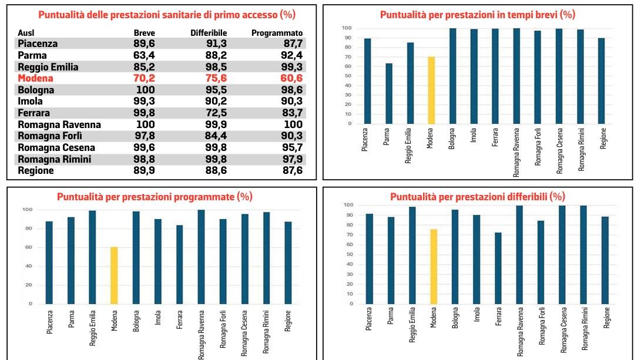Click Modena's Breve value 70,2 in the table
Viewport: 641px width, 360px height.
click(144, 78)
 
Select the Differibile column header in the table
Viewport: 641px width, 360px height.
click(209, 33)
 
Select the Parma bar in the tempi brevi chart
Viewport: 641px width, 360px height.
click(389, 93)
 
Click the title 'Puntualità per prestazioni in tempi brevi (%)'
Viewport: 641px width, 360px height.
click(477, 15)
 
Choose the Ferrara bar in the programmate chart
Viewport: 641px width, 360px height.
click(179, 264)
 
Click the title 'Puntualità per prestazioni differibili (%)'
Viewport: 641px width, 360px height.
click(477, 197)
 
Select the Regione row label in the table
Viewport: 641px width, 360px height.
click(36, 171)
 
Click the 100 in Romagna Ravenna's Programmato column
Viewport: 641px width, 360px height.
click(292, 125)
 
